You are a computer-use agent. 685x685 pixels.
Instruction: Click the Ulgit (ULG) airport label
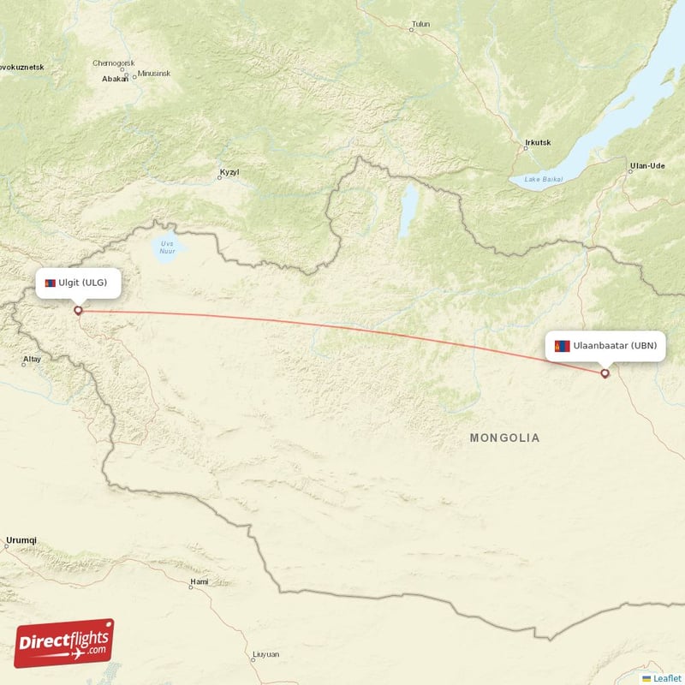78,283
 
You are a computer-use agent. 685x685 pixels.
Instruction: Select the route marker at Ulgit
78,311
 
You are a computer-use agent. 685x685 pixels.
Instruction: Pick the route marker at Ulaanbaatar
605,372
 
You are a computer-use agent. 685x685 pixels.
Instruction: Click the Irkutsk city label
537,142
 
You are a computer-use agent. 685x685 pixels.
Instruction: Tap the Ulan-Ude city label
647,165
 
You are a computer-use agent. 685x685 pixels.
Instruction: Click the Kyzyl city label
229,173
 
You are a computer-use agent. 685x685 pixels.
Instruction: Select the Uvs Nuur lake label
166,248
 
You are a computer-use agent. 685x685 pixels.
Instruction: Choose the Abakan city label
114,78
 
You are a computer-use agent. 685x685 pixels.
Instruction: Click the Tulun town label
420,24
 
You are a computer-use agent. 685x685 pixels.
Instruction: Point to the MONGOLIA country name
504,438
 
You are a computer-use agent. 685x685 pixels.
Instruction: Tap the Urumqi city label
21,540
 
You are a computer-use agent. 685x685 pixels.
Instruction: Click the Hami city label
199,583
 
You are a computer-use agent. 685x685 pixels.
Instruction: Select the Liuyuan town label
265,654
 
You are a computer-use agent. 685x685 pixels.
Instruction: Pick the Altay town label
32,359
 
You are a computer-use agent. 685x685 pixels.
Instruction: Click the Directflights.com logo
64,643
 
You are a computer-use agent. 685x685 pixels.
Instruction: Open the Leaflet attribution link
667,678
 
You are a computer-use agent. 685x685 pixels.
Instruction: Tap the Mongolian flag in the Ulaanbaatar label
563,346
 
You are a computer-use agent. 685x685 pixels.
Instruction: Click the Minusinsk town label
154,73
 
